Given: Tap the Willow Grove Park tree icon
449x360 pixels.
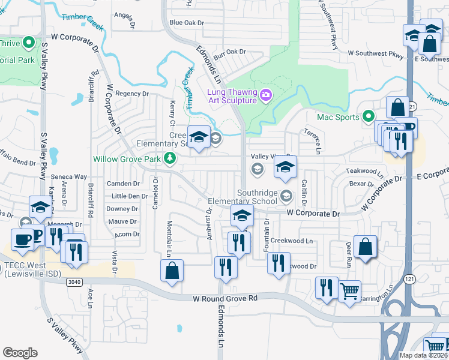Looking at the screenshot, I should [x=170, y=158].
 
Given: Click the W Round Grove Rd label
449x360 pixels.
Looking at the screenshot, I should [x=224, y=298].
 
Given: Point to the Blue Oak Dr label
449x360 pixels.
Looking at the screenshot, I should [x=187, y=23].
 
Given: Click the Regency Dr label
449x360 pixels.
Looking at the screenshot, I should [x=127, y=93].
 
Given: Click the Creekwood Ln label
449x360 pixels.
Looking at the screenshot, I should [x=292, y=241].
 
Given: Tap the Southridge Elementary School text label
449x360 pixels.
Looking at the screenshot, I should [x=243, y=201].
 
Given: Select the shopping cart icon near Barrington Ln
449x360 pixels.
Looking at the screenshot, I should [x=349, y=292].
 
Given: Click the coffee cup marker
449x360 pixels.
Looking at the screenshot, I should [x=23, y=239].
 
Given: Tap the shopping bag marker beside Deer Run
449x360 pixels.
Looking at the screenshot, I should [x=365, y=247].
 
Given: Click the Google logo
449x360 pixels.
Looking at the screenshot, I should [x=20, y=353].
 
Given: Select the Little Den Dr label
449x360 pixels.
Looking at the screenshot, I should [x=130, y=196].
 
